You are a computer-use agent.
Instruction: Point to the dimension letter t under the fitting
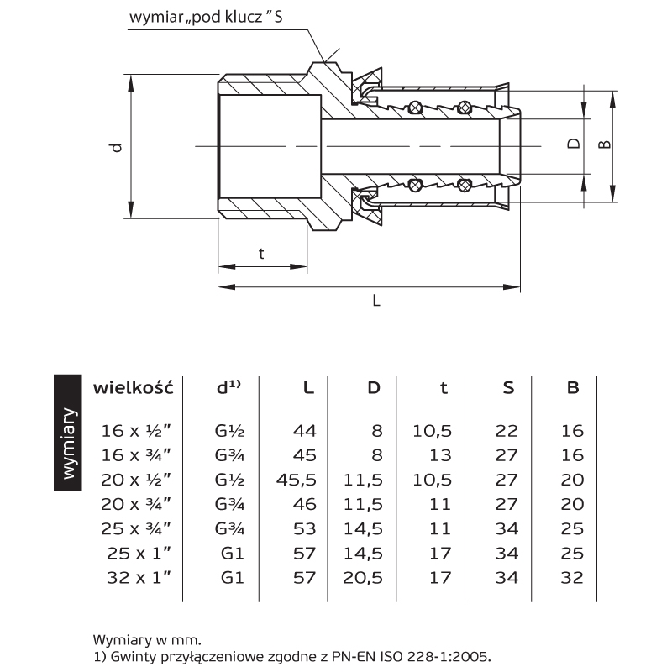click(261, 253)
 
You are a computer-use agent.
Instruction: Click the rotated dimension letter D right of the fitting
click(574, 144)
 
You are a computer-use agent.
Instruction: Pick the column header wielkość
click(132, 387)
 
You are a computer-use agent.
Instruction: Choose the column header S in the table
click(508, 387)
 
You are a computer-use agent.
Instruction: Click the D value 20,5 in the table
click(364, 577)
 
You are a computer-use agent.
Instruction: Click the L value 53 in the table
click(303, 528)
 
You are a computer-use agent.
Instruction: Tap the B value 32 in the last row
click(572, 577)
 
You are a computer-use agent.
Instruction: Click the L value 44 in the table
click(303, 431)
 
